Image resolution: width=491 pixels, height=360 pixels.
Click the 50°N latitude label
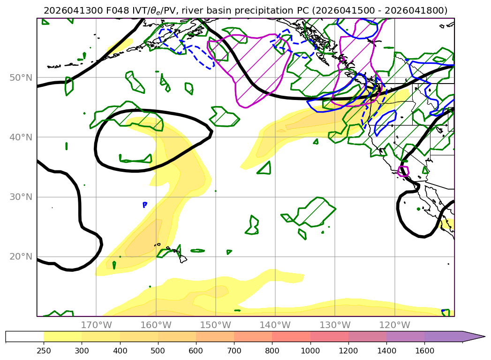tap(21, 78)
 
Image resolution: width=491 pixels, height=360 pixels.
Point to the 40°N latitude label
tap(21, 137)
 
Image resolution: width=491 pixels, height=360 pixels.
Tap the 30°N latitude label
tap(21, 197)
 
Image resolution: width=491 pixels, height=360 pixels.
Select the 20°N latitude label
tap(21, 257)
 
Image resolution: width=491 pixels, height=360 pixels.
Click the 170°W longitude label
tap(96, 325)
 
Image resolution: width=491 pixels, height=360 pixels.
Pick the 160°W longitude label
tap(156, 325)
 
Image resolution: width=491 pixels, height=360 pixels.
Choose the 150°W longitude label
tap(215, 325)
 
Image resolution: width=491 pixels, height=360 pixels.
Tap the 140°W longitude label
tap(275, 325)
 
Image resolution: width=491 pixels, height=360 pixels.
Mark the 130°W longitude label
tap(335, 325)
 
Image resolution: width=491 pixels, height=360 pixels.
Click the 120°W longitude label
tap(394, 325)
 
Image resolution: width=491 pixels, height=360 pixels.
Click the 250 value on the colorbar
tap(44, 351)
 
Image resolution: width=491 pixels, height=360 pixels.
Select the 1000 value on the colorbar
tap(310, 351)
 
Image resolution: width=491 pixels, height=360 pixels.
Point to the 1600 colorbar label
tap(424, 351)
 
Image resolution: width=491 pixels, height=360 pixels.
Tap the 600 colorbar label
tap(196, 351)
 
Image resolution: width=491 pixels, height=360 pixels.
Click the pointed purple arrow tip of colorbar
tap(484, 337)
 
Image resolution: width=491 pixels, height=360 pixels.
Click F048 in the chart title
tap(117, 11)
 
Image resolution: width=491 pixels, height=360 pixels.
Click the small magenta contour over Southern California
tap(403, 171)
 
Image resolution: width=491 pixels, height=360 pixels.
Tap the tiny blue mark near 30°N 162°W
tap(144, 205)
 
